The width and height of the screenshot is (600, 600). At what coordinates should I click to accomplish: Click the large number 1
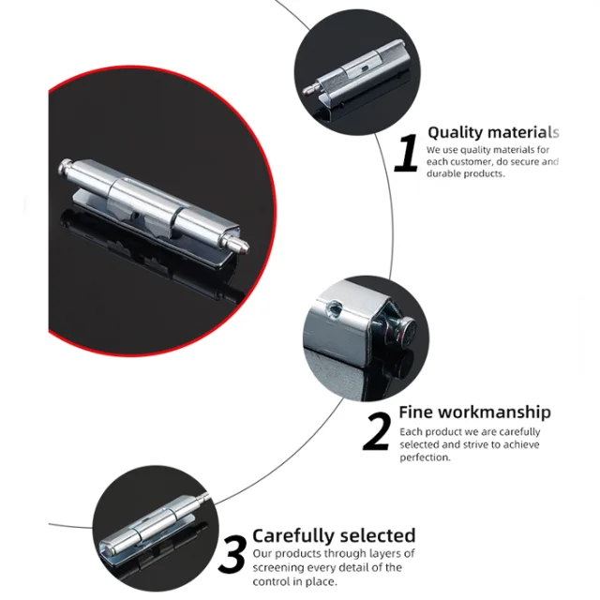pyautogui.click(x=407, y=154)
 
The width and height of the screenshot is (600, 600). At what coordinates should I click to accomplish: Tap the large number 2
pyautogui.click(x=377, y=431)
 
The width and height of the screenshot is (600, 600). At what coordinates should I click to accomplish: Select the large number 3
pyautogui.click(x=232, y=552)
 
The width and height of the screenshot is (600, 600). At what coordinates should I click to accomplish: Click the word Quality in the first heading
pyautogui.click(x=456, y=133)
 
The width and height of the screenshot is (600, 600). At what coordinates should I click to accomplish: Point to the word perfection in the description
pyautogui.click(x=426, y=457)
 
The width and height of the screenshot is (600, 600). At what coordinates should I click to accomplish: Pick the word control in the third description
pyautogui.click(x=273, y=581)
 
